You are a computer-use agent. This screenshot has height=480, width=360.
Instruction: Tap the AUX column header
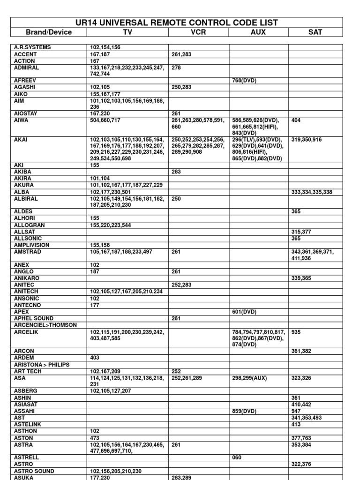tap(258, 32)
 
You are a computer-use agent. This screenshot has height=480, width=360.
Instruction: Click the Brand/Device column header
tap(49, 32)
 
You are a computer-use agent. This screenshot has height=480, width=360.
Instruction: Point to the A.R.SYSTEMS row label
tap(32, 47)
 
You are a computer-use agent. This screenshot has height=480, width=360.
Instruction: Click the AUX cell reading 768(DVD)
tap(244, 80)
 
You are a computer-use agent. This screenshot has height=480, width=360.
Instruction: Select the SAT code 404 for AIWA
tap(296, 120)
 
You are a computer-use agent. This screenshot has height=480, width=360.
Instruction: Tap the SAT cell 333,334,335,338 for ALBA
tap(312, 192)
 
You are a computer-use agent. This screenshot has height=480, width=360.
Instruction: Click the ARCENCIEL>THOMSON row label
tap(45, 325)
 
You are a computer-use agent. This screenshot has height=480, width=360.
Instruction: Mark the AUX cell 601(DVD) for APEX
tap(244, 312)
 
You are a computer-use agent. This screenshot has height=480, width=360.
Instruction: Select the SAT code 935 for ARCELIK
tap(296, 332)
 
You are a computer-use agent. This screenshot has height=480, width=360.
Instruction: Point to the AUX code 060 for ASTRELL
tap(237, 457)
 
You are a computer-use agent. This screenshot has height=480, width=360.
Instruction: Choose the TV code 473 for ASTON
tap(95, 437)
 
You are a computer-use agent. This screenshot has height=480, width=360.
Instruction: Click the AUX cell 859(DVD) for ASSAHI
tap(244, 411)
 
